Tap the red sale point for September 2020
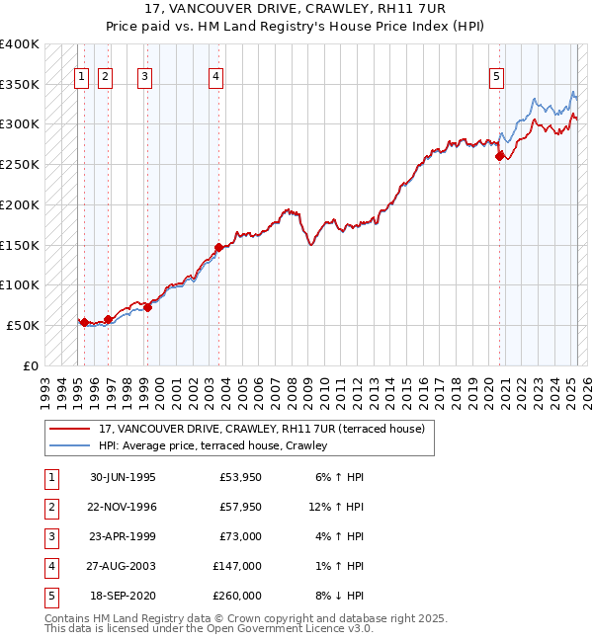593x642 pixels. [500, 155]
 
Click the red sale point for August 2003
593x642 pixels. [218, 247]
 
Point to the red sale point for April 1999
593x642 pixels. [147, 307]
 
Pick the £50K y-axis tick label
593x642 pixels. [23, 325]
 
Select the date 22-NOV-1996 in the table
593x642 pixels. [124, 508]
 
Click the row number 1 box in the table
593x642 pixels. [50, 477]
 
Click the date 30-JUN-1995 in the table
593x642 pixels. [123, 477]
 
